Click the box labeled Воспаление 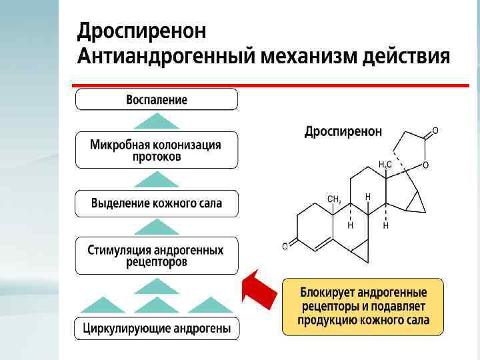(x=157, y=100)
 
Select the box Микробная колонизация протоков (x=157, y=150)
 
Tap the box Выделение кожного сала (x=157, y=203)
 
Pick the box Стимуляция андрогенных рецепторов (x=157, y=255)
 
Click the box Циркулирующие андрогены (x=157, y=329)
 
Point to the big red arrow (x=259, y=288)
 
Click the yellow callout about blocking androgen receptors (x=363, y=306)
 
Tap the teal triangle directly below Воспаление (x=157, y=121)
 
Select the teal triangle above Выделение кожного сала (x=157, y=179)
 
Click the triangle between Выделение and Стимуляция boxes (x=157, y=227)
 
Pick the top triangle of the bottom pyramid (x=157, y=287)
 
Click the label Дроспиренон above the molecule (x=343, y=131)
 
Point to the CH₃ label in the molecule (x=334, y=199)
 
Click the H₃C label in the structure (x=385, y=164)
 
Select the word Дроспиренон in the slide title (x=142, y=31)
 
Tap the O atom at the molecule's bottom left (x=285, y=247)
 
